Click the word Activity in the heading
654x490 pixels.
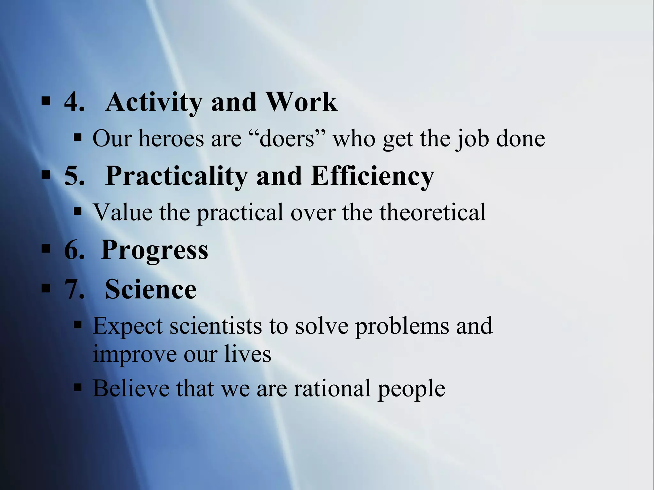(153, 103)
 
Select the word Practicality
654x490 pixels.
(176, 176)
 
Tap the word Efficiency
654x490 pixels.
(372, 176)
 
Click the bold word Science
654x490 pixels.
(151, 289)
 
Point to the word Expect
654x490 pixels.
(128, 326)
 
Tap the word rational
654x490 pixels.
(332, 388)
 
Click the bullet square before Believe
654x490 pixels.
(78, 388)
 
